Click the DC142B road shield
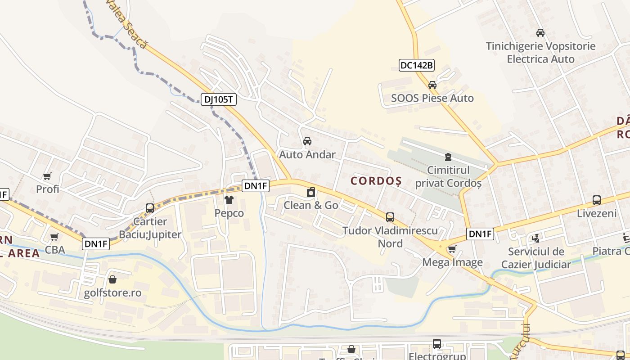pyautogui.click(x=417, y=65)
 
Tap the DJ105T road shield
pyautogui.click(x=218, y=99)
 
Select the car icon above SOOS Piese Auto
pyautogui.click(x=432, y=85)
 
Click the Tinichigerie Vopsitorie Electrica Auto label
pyautogui.click(x=540, y=53)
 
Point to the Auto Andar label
pyautogui.click(x=307, y=155)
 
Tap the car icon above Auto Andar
pyautogui.click(x=307, y=141)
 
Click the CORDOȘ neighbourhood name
pyautogui.click(x=376, y=181)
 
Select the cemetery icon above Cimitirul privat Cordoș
pyautogui.click(x=448, y=157)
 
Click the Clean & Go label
pyautogui.click(x=310, y=205)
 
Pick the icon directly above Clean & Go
pyautogui.click(x=310, y=193)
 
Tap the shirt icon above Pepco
pyautogui.click(x=229, y=199)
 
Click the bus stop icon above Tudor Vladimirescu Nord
pyautogui.click(x=390, y=217)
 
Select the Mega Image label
pyautogui.click(x=452, y=262)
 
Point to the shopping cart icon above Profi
pyautogui.click(x=47, y=176)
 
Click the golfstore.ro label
pyautogui.click(x=112, y=293)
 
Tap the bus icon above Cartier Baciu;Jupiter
pyautogui.click(x=150, y=208)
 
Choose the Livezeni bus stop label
pyautogui.click(x=597, y=213)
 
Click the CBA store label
pyautogui.click(x=55, y=250)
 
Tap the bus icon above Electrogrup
pyautogui.click(x=437, y=344)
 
